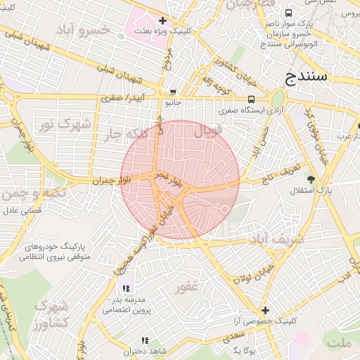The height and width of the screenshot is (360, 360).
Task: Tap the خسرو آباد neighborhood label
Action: point(84,30)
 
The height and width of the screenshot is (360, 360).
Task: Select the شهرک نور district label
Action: point(65,124)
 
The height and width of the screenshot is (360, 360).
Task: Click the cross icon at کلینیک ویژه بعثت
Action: point(163,20)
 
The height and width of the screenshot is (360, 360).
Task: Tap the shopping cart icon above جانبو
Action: point(173,92)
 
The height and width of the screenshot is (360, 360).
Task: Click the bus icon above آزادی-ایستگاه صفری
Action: point(251,99)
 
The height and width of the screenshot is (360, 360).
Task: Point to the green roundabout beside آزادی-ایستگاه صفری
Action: point(278,99)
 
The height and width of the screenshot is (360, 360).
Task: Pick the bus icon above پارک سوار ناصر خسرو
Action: point(289,13)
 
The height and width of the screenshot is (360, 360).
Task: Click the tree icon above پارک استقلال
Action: point(311,180)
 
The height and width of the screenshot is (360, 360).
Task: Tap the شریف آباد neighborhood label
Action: point(276,240)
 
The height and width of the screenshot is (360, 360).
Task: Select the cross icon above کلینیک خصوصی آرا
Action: point(265,310)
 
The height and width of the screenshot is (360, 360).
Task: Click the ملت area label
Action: point(339,342)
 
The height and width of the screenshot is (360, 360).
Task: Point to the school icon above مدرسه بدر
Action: point(126,288)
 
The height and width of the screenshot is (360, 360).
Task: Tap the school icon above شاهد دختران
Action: point(126,340)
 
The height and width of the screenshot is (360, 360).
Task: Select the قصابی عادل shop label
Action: point(22,210)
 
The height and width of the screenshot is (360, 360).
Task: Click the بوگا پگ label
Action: point(247,349)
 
